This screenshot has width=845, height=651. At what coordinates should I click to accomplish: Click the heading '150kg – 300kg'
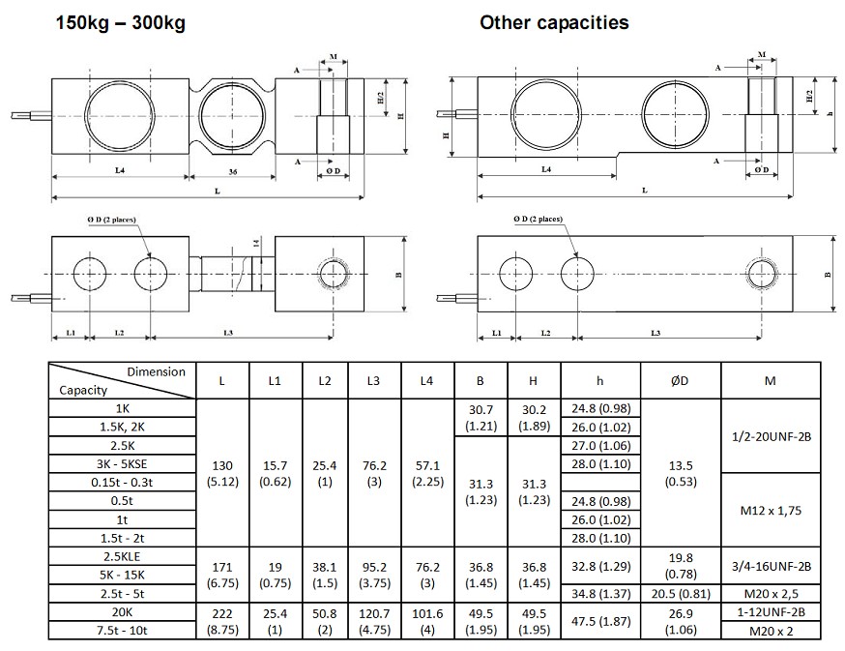click(x=120, y=22)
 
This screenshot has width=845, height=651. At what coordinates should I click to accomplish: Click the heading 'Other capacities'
click(x=554, y=22)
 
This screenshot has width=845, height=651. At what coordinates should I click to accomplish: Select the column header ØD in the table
click(x=680, y=381)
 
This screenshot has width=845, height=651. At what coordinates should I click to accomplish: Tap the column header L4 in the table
click(x=426, y=381)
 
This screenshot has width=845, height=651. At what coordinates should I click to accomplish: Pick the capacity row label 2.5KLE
click(x=122, y=555)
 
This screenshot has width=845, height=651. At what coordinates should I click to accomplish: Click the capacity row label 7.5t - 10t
click(x=122, y=630)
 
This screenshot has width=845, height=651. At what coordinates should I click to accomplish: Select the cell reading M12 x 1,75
click(x=770, y=509)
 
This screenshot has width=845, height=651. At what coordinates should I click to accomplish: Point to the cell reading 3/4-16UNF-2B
click(x=770, y=565)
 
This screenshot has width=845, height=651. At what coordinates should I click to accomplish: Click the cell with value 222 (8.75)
click(x=222, y=620)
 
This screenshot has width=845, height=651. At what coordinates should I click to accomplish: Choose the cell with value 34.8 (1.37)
click(x=600, y=592)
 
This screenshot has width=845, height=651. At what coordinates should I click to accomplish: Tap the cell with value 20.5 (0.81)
click(x=680, y=592)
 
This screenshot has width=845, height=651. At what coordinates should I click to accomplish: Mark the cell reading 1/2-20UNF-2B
click(x=770, y=435)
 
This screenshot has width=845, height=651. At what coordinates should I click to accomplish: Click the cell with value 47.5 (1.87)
click(x=600, y=620)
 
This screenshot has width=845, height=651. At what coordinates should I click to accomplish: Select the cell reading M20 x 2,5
click(x=770, y=592)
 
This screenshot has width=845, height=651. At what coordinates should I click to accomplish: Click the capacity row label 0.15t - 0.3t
click(x=122, y=482)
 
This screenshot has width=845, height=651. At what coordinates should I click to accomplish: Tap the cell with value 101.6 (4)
click(x=426, y=620)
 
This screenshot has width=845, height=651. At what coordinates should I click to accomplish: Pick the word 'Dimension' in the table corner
click(x=156, y=371)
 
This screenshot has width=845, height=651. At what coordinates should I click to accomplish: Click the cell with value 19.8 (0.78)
click(x=680, y=565)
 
